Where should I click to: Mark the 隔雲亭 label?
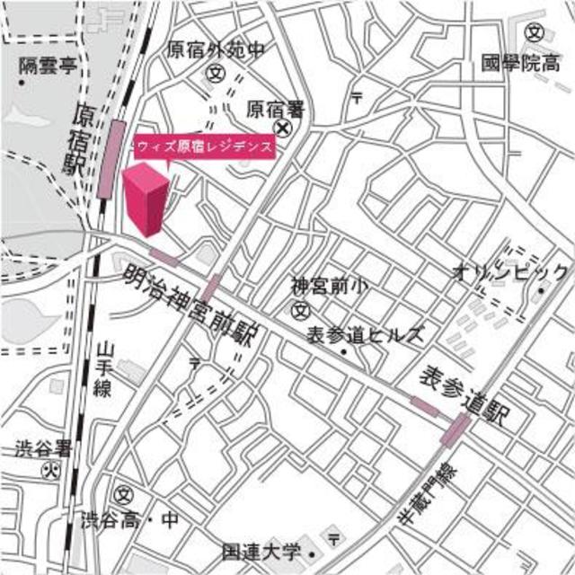tap(47, 65)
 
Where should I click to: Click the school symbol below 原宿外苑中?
tap(216, 73)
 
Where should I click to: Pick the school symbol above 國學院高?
tap(536, 32)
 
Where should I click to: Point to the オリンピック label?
tap(509, 272)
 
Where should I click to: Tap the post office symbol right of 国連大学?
tap(334, 538)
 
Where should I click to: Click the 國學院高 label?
tap(521, 64)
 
